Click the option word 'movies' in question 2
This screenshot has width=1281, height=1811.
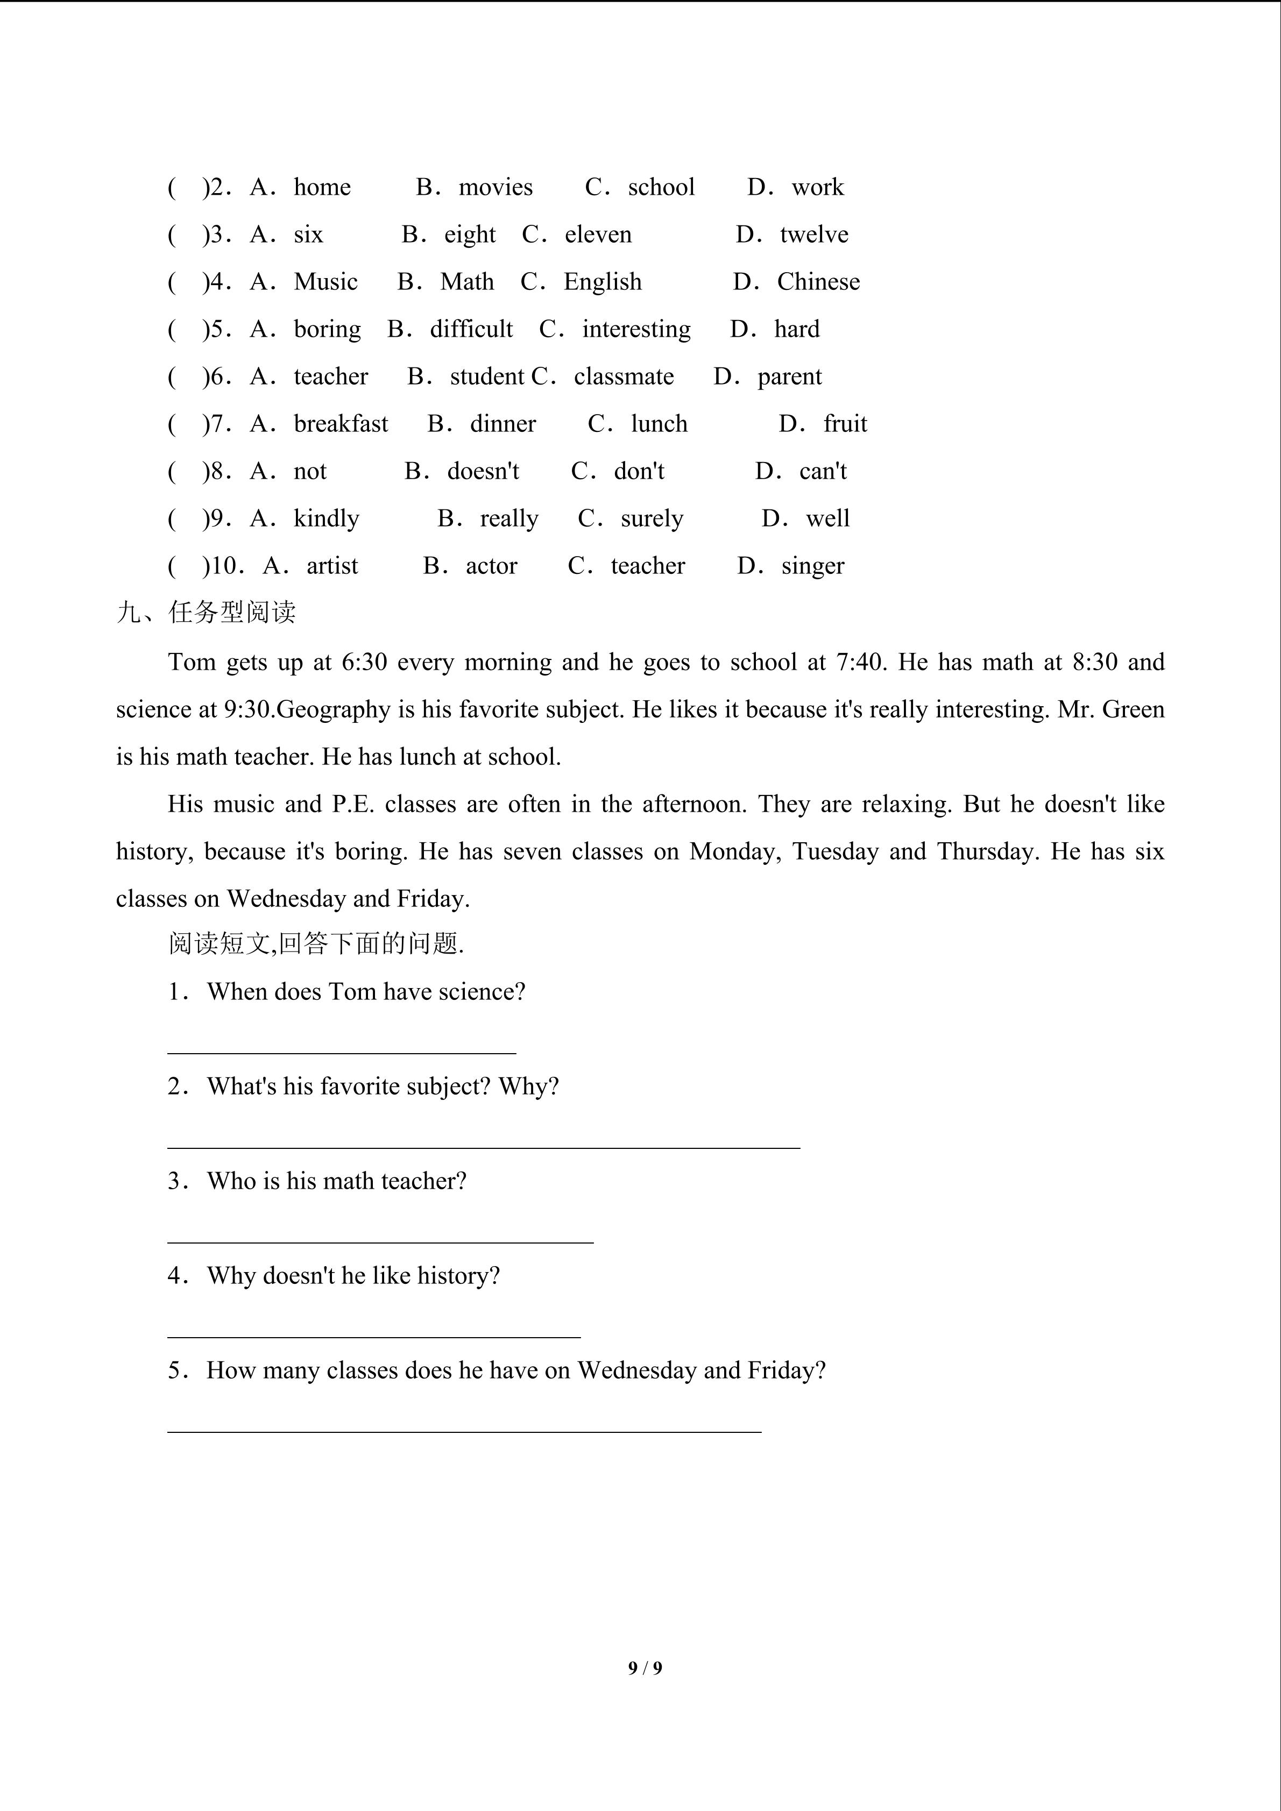[x=496, y=187]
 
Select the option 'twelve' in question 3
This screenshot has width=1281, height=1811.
[x=814, y=235]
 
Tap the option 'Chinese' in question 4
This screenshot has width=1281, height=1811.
[x=818, y=282]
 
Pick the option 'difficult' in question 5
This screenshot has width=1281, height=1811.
[x=471, y=329]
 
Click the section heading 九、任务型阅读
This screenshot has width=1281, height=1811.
[x=207, y=612]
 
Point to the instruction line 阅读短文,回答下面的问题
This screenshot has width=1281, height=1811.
[x=315, y=943]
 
